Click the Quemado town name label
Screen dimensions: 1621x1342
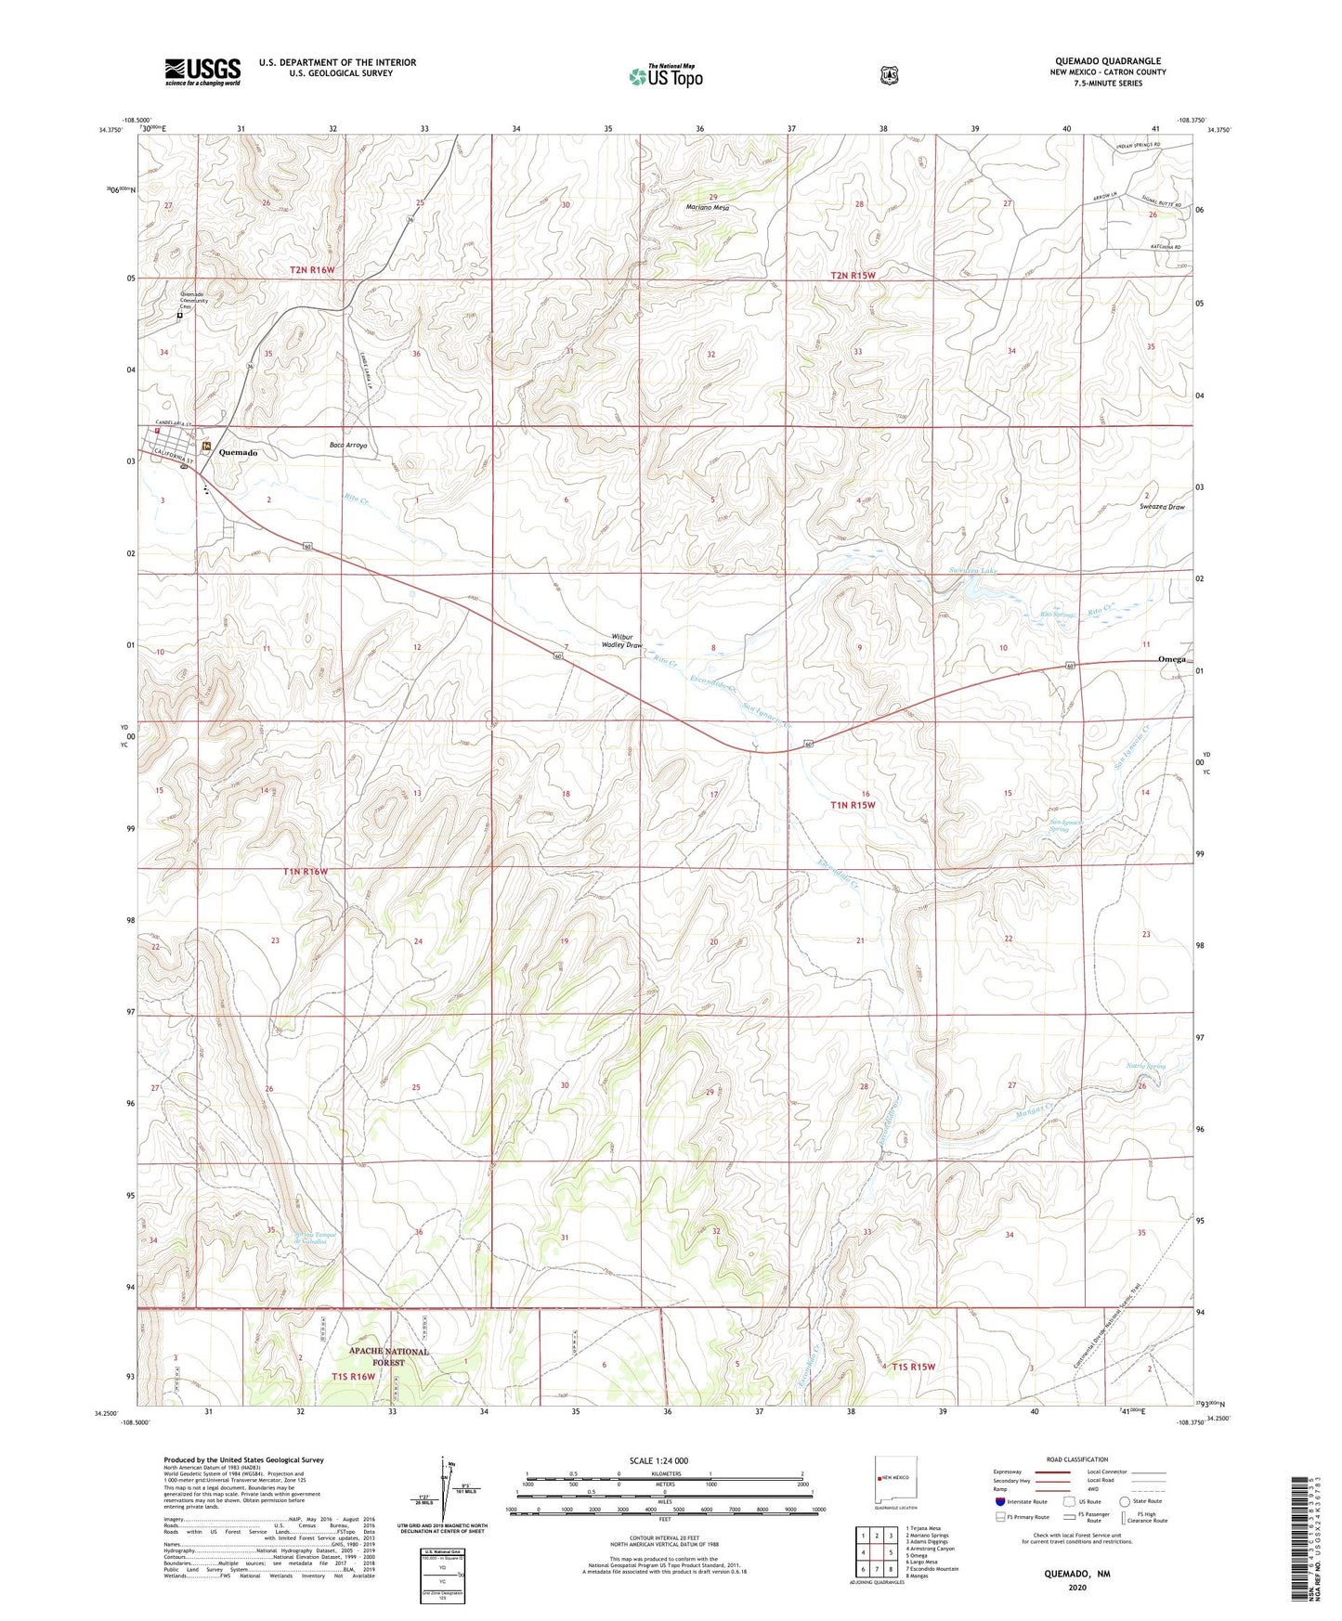(x=238, y=452)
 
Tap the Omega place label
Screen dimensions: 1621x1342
(x=1172, y=658)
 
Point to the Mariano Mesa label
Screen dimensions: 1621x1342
(x=708, y=208)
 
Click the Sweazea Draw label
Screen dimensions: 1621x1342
(x=1162, y=507)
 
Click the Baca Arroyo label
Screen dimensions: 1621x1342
(x=348, y=446)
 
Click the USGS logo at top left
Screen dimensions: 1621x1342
(x=202, y=71)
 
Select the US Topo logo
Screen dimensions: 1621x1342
(x=665, y=76)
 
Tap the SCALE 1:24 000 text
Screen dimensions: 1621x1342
(x=658, y=1460)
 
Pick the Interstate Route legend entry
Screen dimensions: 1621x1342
(x=1021, y=1501)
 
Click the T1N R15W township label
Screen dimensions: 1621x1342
(x=853, y=805)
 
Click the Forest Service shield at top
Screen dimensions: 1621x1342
(x=889, y=74)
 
